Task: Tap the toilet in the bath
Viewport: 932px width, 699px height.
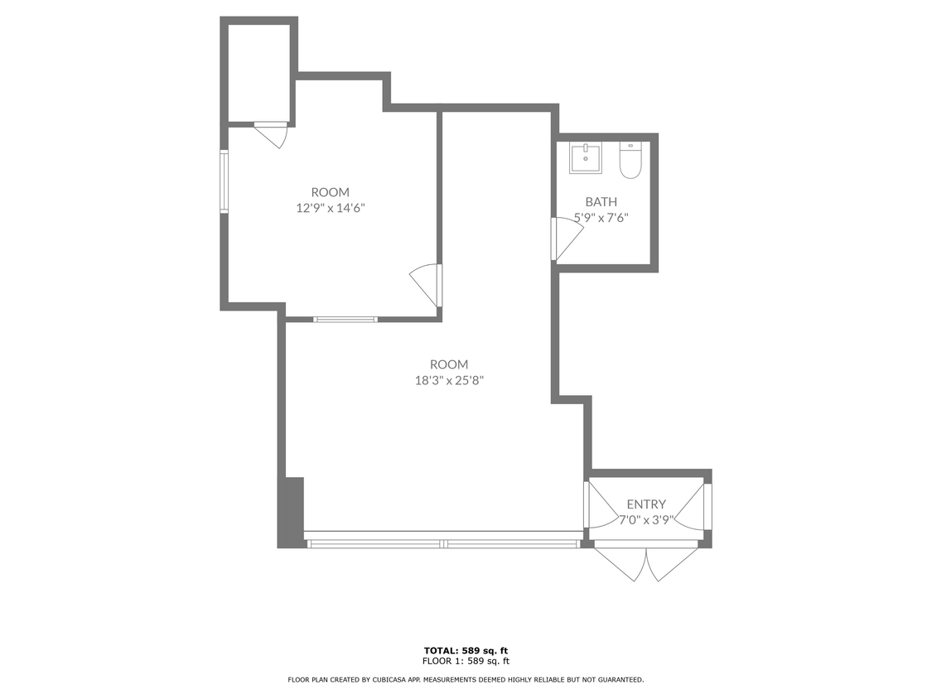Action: tap(630, 161)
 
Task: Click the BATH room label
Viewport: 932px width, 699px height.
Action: tap(601, 201)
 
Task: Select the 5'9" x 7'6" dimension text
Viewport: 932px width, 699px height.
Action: tap(601, 218)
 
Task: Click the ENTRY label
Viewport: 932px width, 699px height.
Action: tap(646, 504)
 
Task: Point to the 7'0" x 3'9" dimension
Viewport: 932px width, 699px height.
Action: tap(647, 521)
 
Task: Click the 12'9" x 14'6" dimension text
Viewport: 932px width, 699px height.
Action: tap(331, 208)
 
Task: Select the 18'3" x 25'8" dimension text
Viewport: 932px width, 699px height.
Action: tap(449, 380)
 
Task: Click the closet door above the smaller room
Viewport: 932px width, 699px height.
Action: tap(271, 133)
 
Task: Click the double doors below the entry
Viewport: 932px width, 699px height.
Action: tap(647, 561)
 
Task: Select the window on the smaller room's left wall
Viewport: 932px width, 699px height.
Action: tap(224, 181)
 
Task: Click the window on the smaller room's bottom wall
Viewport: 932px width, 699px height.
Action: tap(345, 318)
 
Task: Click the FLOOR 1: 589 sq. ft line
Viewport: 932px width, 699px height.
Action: tap(465, 661)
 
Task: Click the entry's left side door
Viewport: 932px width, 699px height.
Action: tap(596, 504)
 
